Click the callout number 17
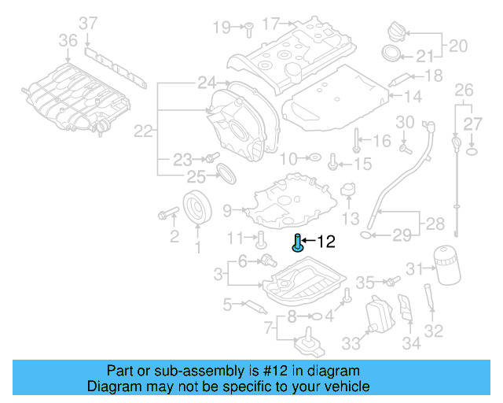click(271, 24)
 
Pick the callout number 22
click(142, 131)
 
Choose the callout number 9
click(227, 210)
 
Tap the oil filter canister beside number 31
click(445, 265)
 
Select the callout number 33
click(351, 343)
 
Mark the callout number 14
click(413, 97)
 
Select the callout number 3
click(218, 274)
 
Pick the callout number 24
click(206, 83)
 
